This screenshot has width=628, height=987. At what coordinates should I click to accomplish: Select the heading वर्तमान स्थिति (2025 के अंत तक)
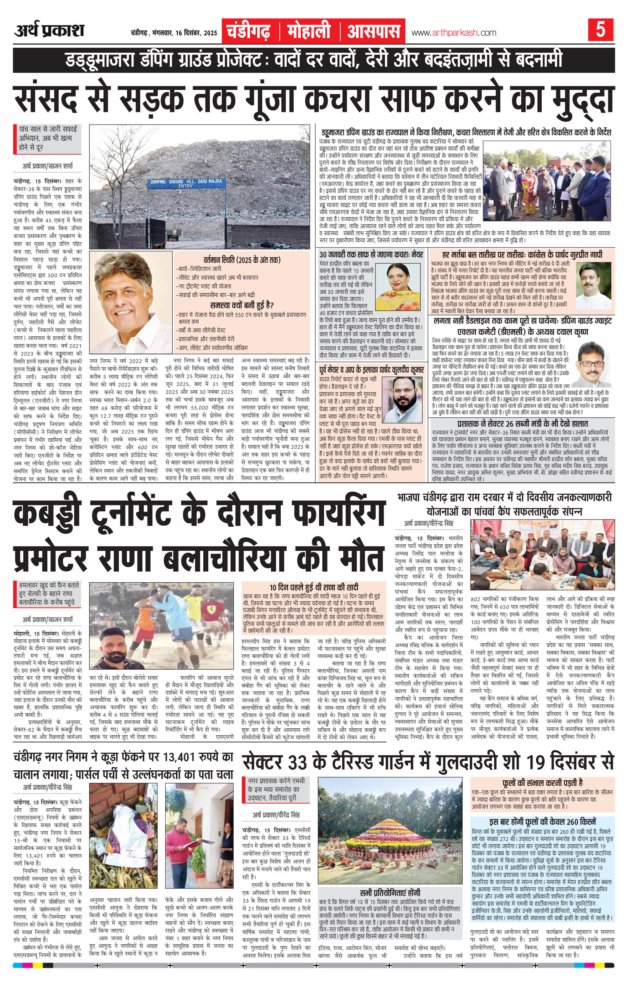[x=242, y=260]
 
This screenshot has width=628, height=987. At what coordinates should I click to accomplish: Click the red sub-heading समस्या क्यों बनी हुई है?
[x=242, y=305]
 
